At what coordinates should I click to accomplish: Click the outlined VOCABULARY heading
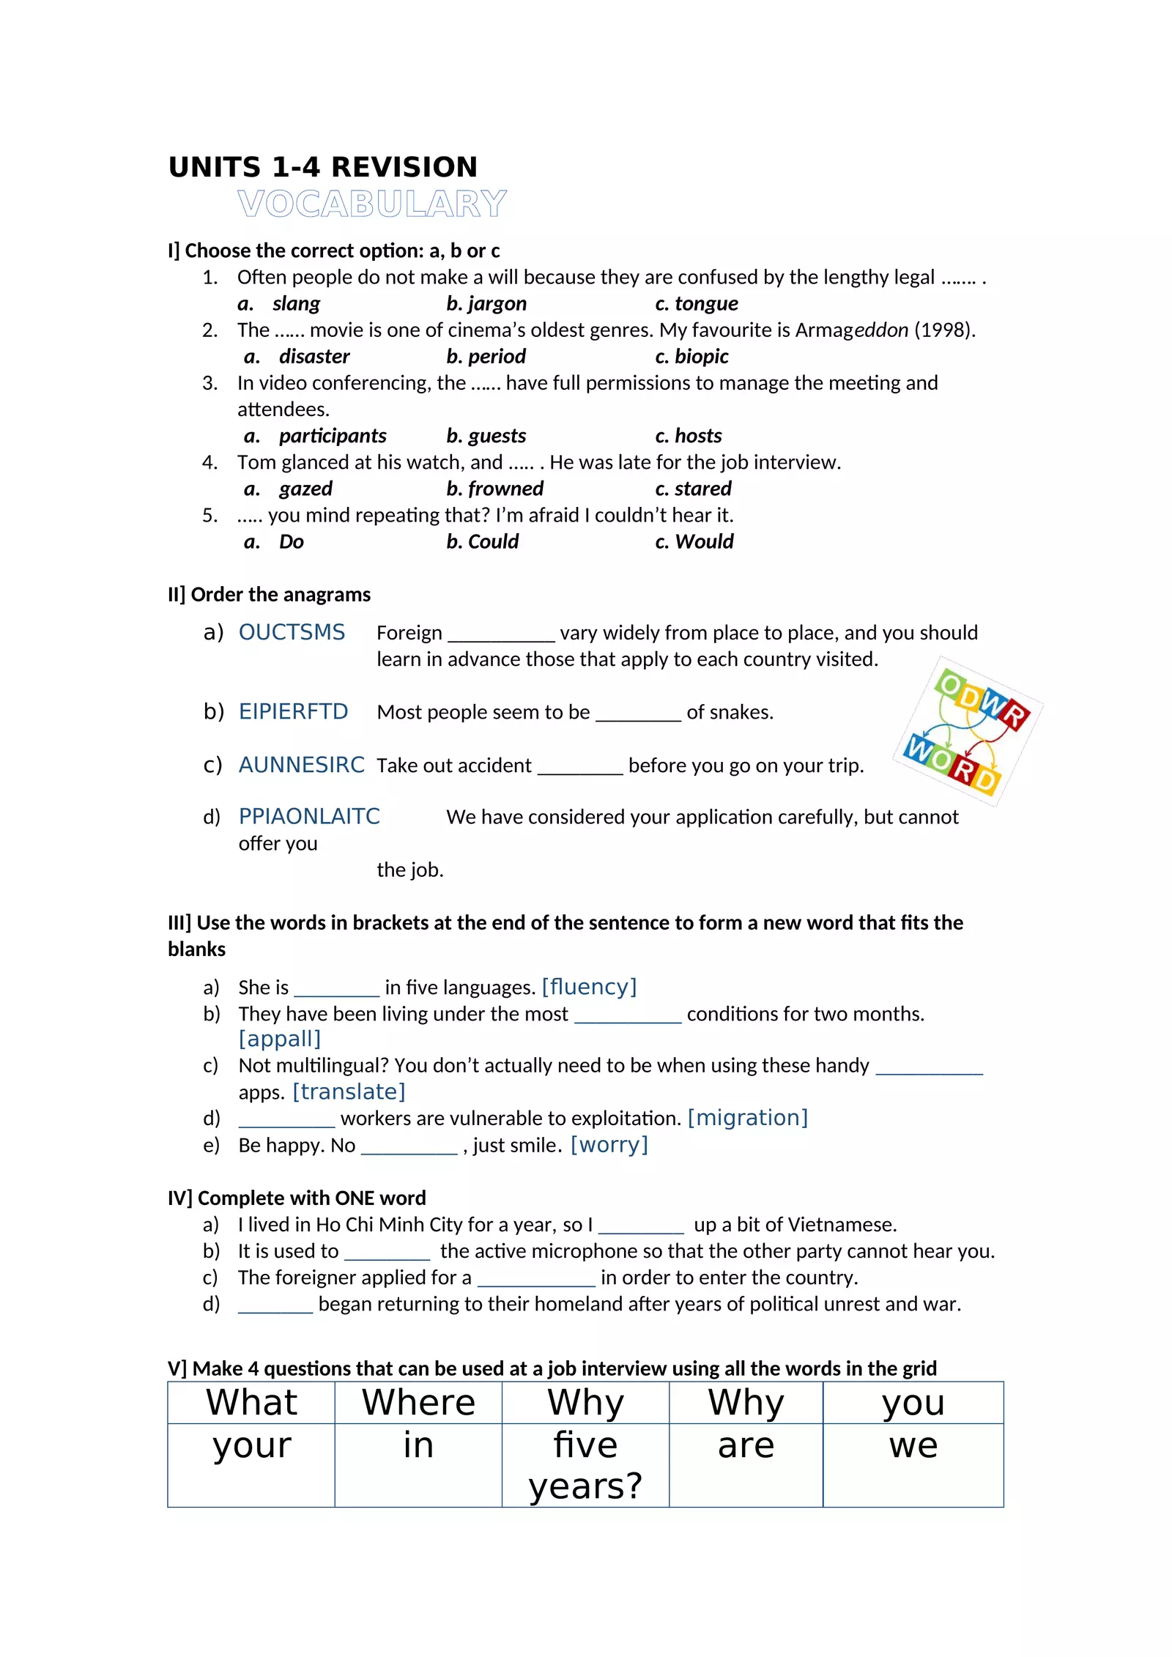click(372, 204)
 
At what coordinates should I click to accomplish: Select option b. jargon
click(486, 303)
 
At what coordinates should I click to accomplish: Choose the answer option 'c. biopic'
click(691, 356)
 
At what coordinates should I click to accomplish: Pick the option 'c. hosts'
click(688, 436)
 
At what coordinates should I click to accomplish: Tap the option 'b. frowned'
click(494, 489)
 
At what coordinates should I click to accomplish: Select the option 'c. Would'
click(694, 541)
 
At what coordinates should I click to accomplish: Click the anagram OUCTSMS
click(292, 632)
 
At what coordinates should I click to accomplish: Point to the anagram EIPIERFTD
click(293, 711)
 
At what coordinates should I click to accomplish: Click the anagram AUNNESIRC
click(301, 765)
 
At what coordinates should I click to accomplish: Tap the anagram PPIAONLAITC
click(309, 816)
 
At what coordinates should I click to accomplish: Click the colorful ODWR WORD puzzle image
click(968, 732)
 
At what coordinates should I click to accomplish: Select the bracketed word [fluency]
click(589, 987)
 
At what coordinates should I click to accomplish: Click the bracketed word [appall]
click(280, 1039)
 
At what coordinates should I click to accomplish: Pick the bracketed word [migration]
click(748, 1118)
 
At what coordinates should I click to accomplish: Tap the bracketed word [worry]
click(609, 1144)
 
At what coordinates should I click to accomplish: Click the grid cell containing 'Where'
click(418, 1403)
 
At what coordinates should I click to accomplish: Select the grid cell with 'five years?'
click(585, 1465)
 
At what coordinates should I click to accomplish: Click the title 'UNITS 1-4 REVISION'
click(323, 167)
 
